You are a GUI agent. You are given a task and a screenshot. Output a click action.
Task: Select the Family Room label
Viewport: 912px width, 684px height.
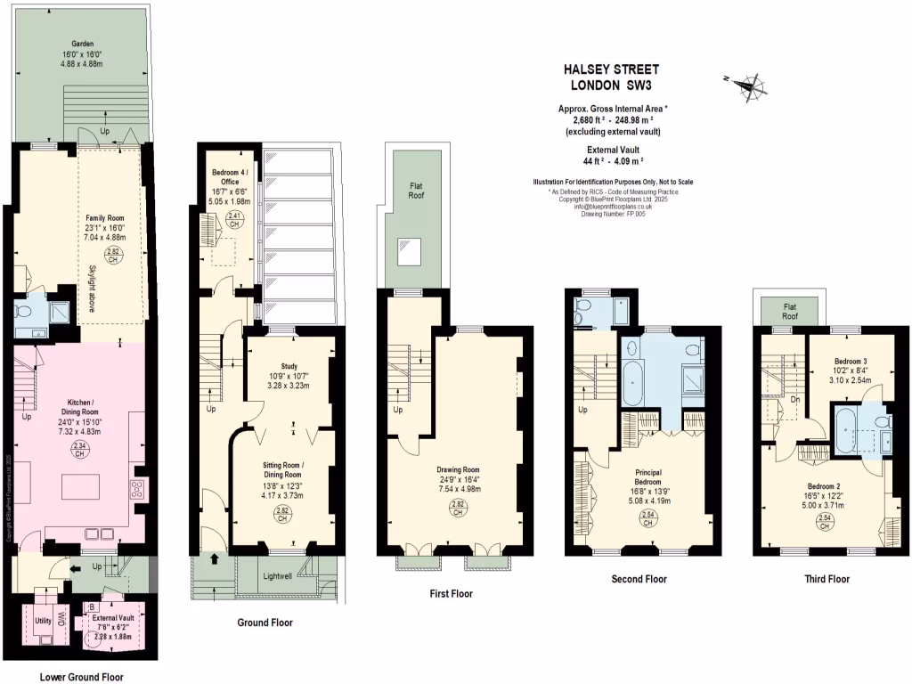105,217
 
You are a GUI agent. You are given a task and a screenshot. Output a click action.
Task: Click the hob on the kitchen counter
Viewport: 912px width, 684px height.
138,487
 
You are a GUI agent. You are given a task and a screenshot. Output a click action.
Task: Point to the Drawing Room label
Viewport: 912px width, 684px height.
458,470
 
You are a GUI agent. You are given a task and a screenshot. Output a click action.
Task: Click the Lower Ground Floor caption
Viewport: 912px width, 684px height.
82,676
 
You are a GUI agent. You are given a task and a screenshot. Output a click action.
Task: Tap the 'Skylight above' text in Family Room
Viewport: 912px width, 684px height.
92,289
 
